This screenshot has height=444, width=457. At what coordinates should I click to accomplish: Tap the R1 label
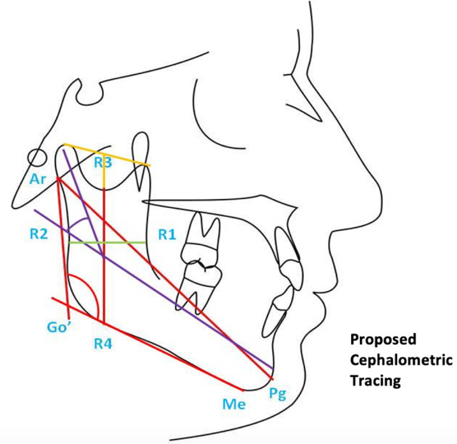point(167,234)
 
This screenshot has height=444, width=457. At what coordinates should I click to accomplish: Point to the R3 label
point(103,163)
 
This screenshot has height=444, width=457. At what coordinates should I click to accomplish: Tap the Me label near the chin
point(234,404)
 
